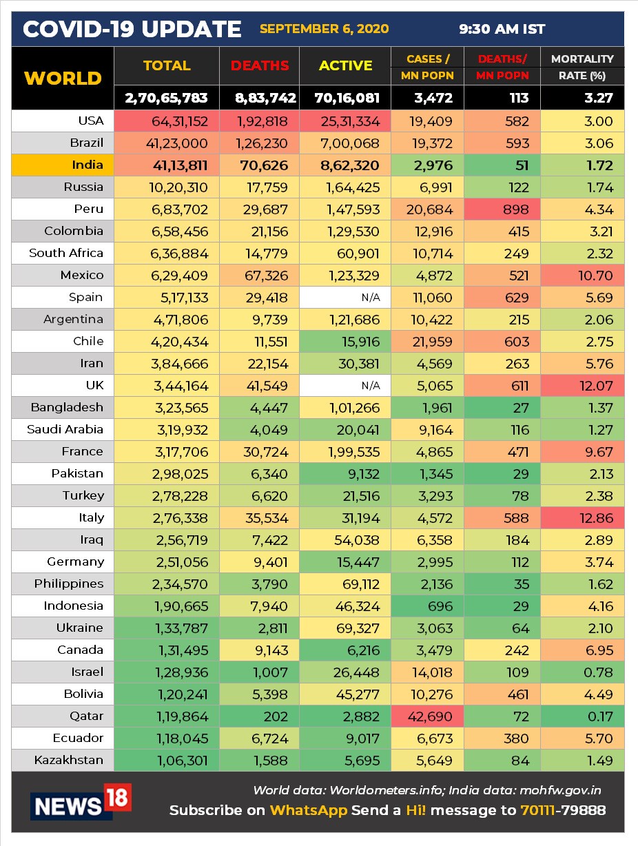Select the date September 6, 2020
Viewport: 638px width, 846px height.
click(x=324, y=29)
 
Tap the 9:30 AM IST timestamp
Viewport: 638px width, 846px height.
click(x=502, y=29)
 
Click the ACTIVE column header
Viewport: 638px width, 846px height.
click(x=346, y=65)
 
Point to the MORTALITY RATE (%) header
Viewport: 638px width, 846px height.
click(x=582, y=67)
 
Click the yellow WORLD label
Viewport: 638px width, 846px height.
click(x=63, y=78)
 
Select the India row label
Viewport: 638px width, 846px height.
click(x=88, y=165)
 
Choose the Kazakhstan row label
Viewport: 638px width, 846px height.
click(x=69, y=760)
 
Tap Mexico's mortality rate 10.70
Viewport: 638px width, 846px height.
click(x=596, y=275)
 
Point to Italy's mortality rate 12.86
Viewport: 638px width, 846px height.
click(x=596, y=517)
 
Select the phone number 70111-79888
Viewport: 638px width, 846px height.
click(x=564, y=810)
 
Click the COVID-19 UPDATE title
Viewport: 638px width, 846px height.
click(x=132, y=29)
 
